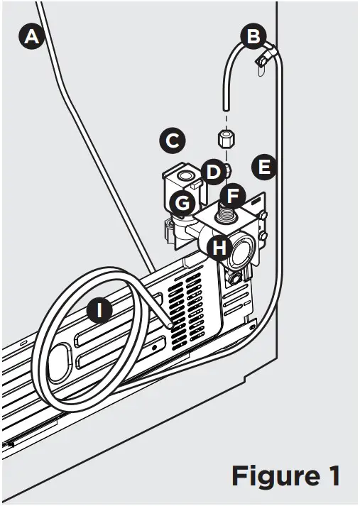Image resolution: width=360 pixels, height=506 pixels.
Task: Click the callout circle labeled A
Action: (31, 36)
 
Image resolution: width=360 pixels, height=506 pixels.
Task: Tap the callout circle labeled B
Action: (253, 36)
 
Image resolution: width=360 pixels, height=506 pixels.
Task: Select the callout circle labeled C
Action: (173, 141)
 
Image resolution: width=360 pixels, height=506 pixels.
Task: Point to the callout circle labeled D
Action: (213, 172)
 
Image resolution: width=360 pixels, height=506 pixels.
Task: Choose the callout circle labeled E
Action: (264, 167)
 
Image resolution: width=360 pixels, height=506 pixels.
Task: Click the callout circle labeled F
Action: (233, 196)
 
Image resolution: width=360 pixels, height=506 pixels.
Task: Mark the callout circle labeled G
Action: (182, 204)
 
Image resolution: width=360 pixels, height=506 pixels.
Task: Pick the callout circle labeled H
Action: (219, 248)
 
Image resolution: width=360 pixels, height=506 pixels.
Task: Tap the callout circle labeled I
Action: (100, 310)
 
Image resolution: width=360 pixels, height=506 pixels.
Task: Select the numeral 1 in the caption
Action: (333, 475)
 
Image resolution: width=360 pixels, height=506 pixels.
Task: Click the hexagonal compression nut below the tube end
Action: (226, 138)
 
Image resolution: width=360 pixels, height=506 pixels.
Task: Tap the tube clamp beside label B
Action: (263, 60)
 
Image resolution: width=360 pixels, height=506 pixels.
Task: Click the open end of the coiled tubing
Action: (168, 324)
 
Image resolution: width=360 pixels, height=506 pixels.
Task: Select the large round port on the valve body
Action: (241, 251)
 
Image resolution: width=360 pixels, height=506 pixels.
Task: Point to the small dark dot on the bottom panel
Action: (154, 348)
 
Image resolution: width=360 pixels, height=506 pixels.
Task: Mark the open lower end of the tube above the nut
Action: (226, 109)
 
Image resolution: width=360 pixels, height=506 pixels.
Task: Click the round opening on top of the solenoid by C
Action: (185, 175)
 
